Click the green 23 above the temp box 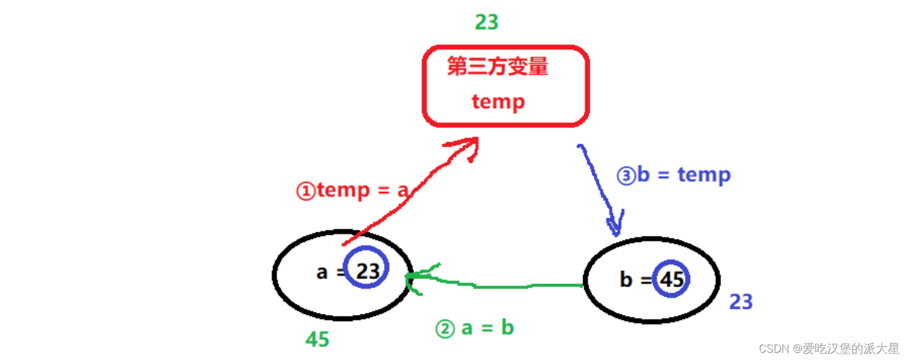click(x=486, y=22)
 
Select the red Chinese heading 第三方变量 click(x=497, y=66)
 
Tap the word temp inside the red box click(x=498, y=101)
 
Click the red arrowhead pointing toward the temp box click(x=468, y=146)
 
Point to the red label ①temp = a click(x=353, y=191)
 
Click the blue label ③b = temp click(x=673, y=176)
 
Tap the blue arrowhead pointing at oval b click(x=616, y=226)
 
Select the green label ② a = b click(x=475, y=328)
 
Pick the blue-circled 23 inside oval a click(x=367, y=271)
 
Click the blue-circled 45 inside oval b click(x=672, y=279)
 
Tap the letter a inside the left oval click(x=322, y=272)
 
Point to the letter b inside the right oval click(x=626, y=280)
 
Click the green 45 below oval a click(x=317, y=339)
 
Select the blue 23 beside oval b click(x=741, y=302)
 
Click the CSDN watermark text click(x=829, y=348)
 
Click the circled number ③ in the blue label click(x=626, y=176)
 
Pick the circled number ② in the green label click(x=444, y=329)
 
